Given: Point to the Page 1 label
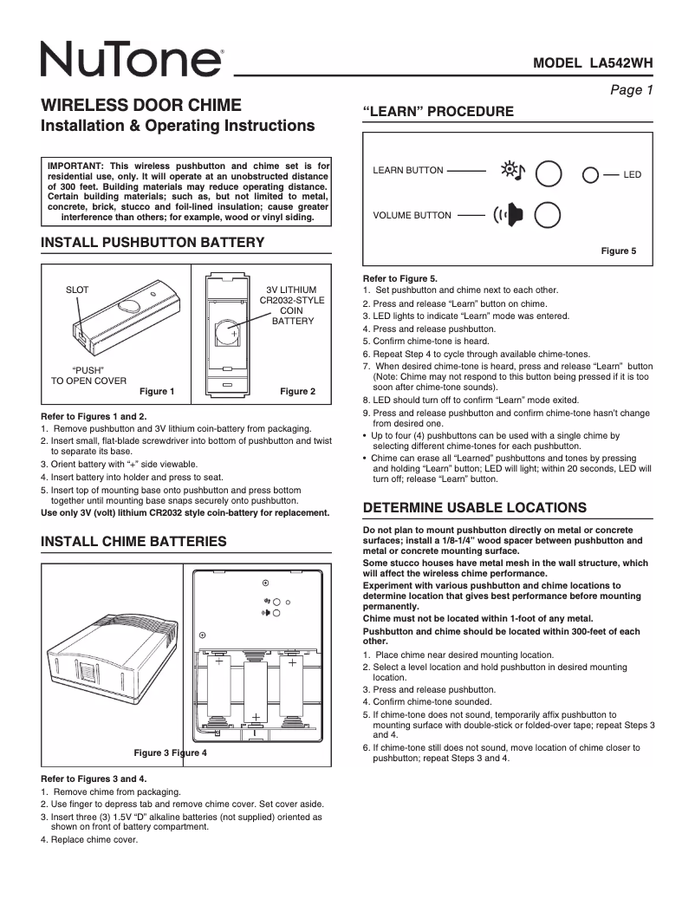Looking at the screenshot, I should [x=631, y=90].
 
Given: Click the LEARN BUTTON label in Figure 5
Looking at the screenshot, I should [x=408, y=171].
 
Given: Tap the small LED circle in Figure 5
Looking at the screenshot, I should [x=590, y=174].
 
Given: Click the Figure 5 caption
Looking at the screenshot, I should [x=619, y=251].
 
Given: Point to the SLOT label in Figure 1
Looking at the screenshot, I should [x=77, y=290].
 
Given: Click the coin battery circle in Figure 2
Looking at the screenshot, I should [x=229, y=332].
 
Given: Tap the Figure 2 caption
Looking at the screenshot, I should [x=297, y=392].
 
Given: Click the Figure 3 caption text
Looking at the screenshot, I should [x=151, y=752].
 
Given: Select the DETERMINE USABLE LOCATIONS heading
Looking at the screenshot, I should [x=475, y=507].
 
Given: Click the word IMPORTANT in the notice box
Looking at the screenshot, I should [x=75, y=165].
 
